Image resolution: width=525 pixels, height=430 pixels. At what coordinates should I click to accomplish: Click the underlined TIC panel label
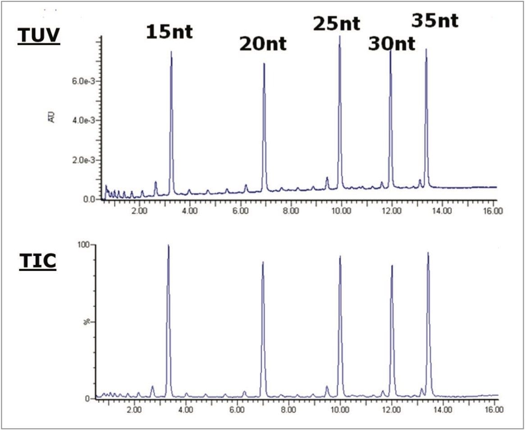pyautogui.click(x=37, y=262)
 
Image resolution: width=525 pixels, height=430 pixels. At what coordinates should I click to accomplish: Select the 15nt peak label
pyautogui.click(x=169, y=32)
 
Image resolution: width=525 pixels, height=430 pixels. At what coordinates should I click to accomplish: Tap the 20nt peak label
pyautogui.click(x=263, y=44)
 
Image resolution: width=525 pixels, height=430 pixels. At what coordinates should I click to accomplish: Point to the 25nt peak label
pyautogui.click(x=337, y=23)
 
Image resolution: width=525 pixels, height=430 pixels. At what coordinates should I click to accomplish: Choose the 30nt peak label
pyautogui.click(x=392, y=44)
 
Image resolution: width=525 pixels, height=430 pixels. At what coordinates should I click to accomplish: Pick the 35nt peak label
pyautogui.click(x=435, y=20)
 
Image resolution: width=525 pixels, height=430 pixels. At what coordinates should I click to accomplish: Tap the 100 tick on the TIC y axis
pyautogui.click(x=86, y=245)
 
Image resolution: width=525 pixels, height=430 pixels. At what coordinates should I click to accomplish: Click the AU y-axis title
pyautogui.click(x=52, y=118)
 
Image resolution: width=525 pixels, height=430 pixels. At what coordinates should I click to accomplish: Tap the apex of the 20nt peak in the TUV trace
pyautogui.click(x=264, y=64)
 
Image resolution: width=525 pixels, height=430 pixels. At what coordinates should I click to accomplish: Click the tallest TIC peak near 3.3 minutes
pyautogui.click(x=168, y=245)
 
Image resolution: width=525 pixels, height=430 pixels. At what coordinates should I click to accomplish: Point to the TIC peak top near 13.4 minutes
pyautogui.click(x=428, y=253)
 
